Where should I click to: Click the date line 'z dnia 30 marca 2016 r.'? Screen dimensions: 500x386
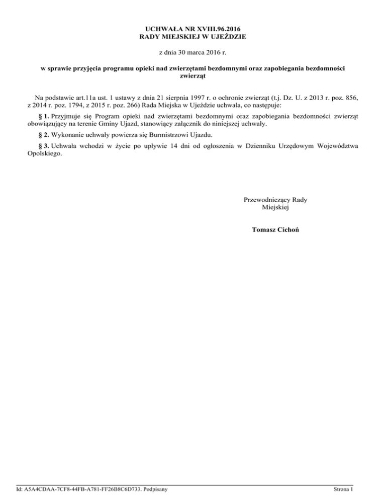click(193, 52)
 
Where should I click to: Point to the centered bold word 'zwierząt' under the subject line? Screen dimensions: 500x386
click(193, 76)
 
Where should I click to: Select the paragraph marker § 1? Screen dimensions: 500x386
click(44, 115)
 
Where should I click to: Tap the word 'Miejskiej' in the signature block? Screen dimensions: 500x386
click(275, 208)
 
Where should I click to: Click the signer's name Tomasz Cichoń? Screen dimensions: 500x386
click(275, 230)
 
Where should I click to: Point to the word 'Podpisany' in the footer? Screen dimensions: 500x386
click(154, 488)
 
